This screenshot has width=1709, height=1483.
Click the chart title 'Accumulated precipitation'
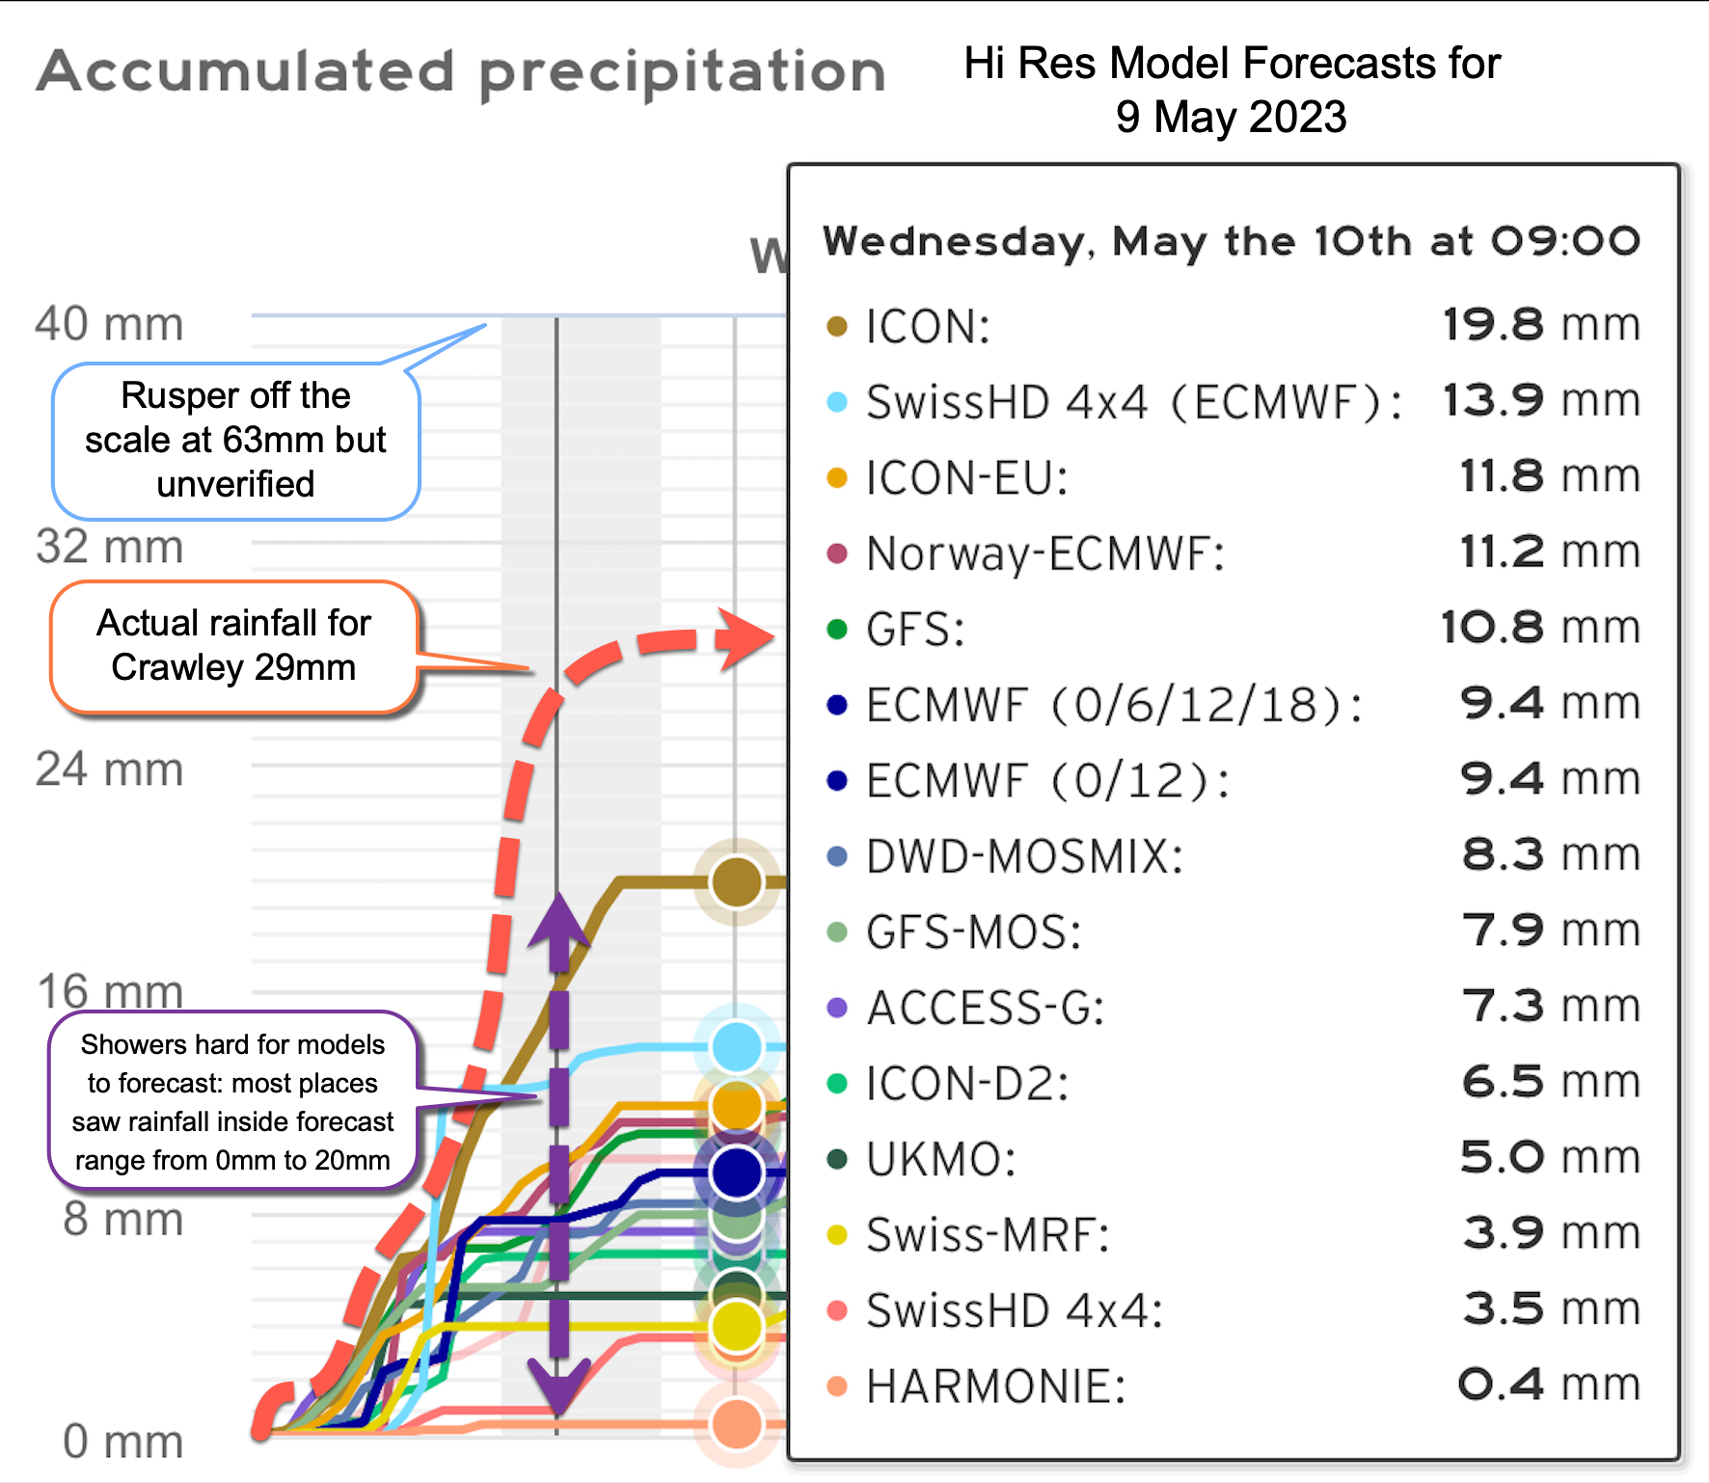461,72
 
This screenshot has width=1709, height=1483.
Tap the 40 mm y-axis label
109,324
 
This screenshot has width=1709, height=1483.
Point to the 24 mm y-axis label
109,769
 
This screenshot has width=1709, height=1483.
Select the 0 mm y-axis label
122,1443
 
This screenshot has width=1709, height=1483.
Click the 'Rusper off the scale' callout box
235,441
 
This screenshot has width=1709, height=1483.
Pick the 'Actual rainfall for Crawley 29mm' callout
233,646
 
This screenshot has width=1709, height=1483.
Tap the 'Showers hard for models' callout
232,1102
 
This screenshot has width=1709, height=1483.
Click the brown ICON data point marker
737,881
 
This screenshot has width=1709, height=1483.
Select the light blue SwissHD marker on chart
737,1047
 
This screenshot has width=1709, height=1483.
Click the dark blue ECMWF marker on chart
737,1173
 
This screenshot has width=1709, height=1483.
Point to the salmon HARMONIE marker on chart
737,1424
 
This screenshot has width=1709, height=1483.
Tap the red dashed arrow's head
750,637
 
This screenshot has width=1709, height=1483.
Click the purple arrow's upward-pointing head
558,921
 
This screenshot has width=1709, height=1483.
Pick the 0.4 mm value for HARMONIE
1547,1386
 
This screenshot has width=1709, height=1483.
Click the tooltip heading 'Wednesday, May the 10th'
1231,241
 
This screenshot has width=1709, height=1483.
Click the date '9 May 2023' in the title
1231,118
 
